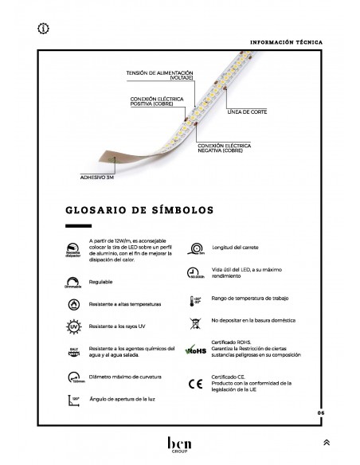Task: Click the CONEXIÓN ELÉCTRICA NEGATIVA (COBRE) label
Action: click(x=219, y=148)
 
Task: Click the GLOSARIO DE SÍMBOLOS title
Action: click(x=138, y=212)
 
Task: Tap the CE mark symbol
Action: click(x=194, y=384)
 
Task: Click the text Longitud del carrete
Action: click(x=236, y=248)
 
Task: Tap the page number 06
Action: click(x=320, y=412)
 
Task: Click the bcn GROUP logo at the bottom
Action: click(x=180, y=440)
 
